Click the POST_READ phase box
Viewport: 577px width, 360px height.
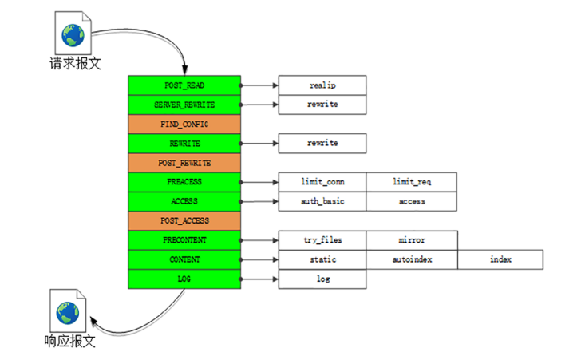coord(184,85)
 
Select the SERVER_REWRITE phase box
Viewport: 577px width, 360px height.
coord(184,105)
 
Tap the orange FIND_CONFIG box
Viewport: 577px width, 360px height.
coord(184,124)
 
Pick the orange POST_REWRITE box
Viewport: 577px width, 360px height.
coord(184,163)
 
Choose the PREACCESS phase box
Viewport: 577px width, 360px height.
coord(184,182)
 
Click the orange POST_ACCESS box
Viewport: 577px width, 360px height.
coord(184,220)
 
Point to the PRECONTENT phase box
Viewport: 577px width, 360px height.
coord(184,239)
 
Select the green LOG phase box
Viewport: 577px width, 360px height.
coord(184,279)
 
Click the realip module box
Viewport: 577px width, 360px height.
coord(322,85)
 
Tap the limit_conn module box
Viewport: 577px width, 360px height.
coord(322,182)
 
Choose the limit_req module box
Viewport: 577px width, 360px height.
coord(411,182)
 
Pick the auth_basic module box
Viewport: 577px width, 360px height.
coord(322,201)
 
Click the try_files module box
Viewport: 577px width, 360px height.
coord(322,239)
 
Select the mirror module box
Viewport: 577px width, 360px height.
coord(412,239)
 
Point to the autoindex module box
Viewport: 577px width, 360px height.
coord(412,259)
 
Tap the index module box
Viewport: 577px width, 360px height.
coord(501,259)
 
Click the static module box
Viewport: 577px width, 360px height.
coord(322,259)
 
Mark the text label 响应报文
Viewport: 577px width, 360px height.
coord(69,341)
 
